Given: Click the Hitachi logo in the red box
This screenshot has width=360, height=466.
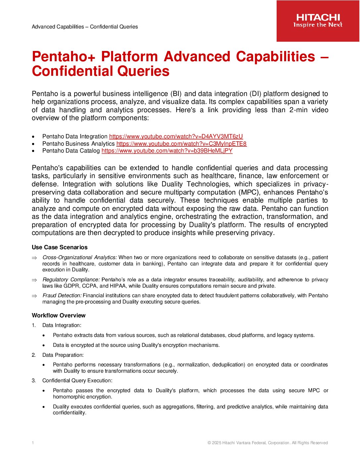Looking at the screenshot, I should (318, 18).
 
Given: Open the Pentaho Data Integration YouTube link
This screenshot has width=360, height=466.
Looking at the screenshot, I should (176, 136).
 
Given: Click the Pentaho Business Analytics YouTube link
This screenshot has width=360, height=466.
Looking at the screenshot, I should (181, 144).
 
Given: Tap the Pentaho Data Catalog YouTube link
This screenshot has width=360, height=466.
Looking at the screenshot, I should (167, 151).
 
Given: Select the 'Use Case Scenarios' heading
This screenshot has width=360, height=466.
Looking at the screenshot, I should (60, 247).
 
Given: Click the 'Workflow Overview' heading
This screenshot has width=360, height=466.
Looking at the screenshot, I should (59, 315).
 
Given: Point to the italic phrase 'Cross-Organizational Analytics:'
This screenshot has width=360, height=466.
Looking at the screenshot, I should (80, 257).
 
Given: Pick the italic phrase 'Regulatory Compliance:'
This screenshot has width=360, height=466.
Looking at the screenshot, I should (71, 280).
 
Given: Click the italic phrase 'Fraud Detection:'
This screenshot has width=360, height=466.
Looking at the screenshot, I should (62, 296).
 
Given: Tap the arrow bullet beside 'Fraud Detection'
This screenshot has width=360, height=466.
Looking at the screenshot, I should (34, 296).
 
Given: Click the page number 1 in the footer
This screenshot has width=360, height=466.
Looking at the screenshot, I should (33, 443).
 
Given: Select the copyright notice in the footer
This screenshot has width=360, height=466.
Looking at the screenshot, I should (268, 443).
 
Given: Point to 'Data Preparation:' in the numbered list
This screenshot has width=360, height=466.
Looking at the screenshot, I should (63, 355).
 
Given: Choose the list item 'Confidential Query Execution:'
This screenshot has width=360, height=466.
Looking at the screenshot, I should (77, 381).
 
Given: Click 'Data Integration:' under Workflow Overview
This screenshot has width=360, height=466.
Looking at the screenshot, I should (62, 325).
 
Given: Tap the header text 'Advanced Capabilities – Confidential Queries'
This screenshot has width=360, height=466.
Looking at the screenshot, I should (85, 27).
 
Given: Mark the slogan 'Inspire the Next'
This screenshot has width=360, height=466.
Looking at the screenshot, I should (318, 25).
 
